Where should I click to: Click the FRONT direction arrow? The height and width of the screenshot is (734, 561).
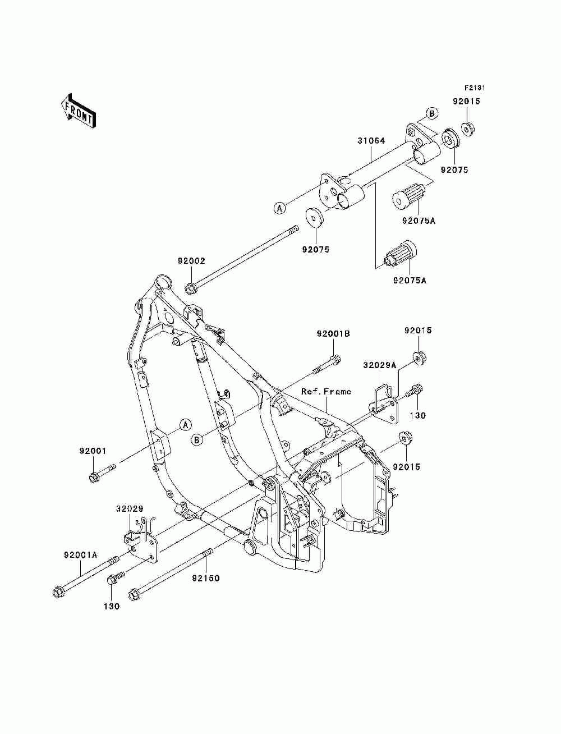click(x=78, y=111)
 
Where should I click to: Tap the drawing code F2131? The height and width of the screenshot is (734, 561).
click(x=475, y=88)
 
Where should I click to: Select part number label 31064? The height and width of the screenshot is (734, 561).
click(x=371, y=141)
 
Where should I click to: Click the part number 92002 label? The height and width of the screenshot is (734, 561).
click(x=191, y=261)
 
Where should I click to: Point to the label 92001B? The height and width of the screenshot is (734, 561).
click(x=333, y=333)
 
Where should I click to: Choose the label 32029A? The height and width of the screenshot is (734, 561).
click(x=380, y=365)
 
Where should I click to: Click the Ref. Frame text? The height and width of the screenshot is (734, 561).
click(x=326, y=391)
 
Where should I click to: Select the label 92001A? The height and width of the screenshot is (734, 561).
click(x=81, y=555)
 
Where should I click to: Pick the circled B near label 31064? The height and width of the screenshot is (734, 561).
click(x=431, y=113)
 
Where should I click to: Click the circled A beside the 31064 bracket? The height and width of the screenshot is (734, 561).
click(x=279, y=208)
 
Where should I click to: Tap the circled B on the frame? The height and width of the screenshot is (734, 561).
click(x=196, y=440)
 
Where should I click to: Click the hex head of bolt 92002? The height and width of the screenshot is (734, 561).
click(x=191, y=288)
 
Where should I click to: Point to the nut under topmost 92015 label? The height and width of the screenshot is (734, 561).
click(x=467, y=129)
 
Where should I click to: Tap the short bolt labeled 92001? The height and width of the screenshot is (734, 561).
click(x=102, y=471)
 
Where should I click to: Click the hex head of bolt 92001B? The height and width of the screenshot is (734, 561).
click(x=335, y=360)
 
